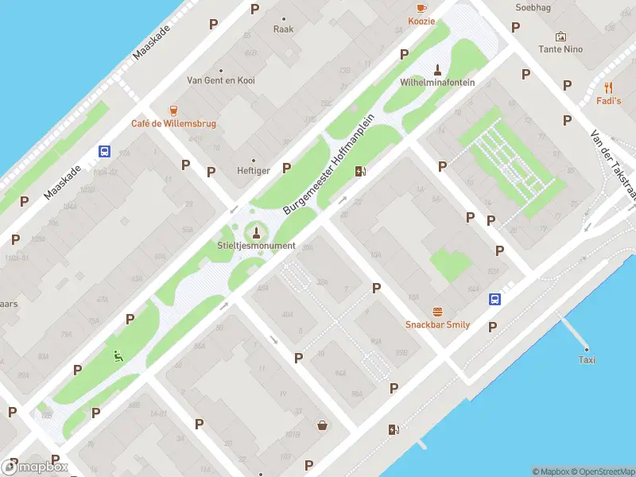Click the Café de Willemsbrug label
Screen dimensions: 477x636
tap(173, 124)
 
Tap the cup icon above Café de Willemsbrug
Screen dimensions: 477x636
tap(173, 110)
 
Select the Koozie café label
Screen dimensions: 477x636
tap(421, 21)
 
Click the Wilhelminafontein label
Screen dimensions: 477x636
tap(437, 82)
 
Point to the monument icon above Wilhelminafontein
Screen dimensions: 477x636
tap(436, 68)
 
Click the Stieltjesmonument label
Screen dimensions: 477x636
tap(256, 246)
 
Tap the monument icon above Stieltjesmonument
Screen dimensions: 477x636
tap(256, 232)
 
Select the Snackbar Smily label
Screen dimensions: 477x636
tap(437, 324)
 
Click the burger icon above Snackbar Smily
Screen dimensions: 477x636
tap(437, 311)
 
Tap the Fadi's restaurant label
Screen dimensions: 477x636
tap(608, 101)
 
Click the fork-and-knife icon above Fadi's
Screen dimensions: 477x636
tap(609, 87)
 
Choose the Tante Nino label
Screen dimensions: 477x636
tap(560, 49)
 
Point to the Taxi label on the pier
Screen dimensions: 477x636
tap(587, 360)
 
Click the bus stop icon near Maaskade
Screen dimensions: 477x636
tap(104, 151)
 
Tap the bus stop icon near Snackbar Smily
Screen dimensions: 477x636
tap(494, 299)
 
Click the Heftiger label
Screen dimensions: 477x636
tap(254, 171)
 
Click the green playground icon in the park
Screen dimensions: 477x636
tap(118, 356)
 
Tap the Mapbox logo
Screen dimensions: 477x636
tap(35, 467)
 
